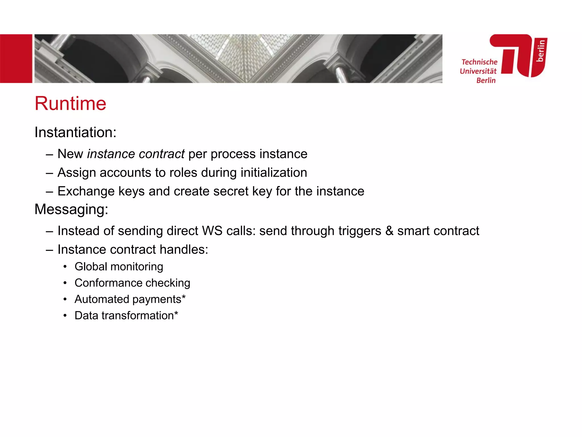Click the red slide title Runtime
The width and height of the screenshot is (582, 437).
pyautogui.click(x=70, y=103)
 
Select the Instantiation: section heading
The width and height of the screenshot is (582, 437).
pyautogui.click(x=75, y=132)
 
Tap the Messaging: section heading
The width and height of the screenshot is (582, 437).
pyautogui.click(x=71, y=209)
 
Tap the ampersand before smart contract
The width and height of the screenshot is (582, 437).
pyautogui.click(x=389, y=231)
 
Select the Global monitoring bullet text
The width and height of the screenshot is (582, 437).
pyautogui.click(x=119, y=267)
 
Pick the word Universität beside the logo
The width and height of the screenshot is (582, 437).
pyautogui.click(x=478, y=71)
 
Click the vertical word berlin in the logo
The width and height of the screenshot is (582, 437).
pyautogui.click(x=541, y=51)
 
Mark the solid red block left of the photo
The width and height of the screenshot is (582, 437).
pyautogui.click(x=16, y=59)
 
